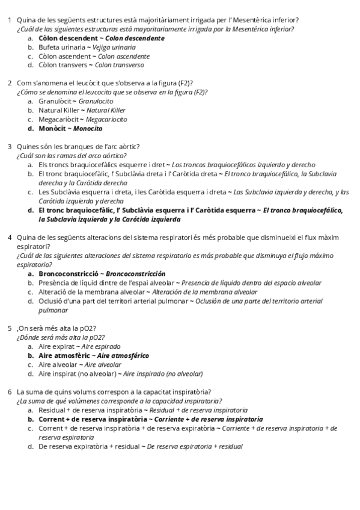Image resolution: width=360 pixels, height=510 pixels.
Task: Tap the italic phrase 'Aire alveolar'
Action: pyautogui.click(x=103, y=364)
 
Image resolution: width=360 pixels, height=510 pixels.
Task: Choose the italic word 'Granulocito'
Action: pyautogui.click(x=96, y=101)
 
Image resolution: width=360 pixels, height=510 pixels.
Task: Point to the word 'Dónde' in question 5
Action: pyautogui.click(x=27, y=337)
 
